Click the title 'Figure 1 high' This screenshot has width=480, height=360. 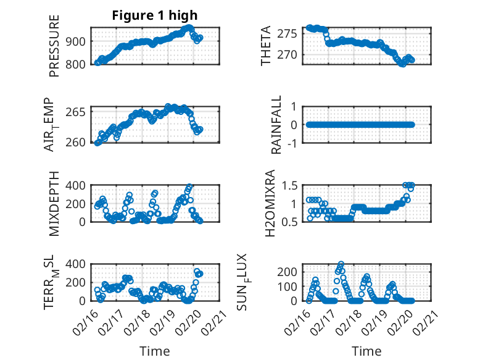pyautogui.click(x=155, y=15)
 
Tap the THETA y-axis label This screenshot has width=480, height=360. pyautogui.click(x=266, y=46)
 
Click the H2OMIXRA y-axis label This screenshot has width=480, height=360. pyautogui.click(x=270, y=203)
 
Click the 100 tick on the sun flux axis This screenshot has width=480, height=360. pyautogui.click(x=290, y=286)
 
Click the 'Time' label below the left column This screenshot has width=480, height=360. pyautogui.click(x=154, y=351)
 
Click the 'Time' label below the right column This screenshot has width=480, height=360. pyautogui.click(x=366, y=351)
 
